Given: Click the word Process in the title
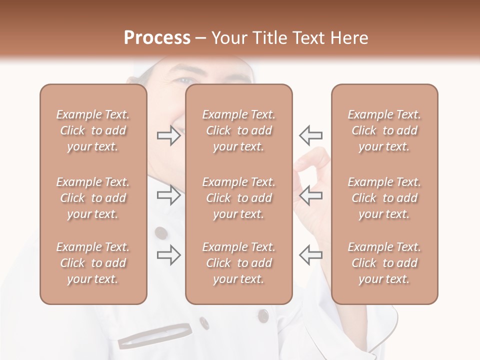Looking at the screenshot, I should (x=157, y=38).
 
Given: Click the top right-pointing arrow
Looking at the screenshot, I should (x=169, y=135).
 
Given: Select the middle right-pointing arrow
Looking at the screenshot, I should (x=169, y=195).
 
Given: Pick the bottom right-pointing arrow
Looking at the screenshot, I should (x=169, y=255).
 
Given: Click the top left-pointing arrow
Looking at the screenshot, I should (x=310, y=135).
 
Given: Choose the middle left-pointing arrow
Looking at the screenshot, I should (x=310, y=195).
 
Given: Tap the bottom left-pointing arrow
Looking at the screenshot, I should (x=310, y=255).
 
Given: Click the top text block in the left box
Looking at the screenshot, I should (x=93, y=130).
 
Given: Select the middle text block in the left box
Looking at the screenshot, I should (x=93, y=198).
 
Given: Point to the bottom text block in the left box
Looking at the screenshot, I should (x=93, y=263).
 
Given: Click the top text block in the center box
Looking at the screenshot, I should (x=239, y=130).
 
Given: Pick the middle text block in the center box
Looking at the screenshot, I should (x=239, y=198).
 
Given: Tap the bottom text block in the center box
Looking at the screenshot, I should (x=239, y=263).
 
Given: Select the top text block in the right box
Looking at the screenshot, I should (x=384, y=130).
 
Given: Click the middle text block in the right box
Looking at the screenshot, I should (x=384, y=198).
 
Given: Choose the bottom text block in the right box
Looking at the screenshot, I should (x=384, y=263).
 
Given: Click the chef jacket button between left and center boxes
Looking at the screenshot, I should (x=161, y=232).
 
